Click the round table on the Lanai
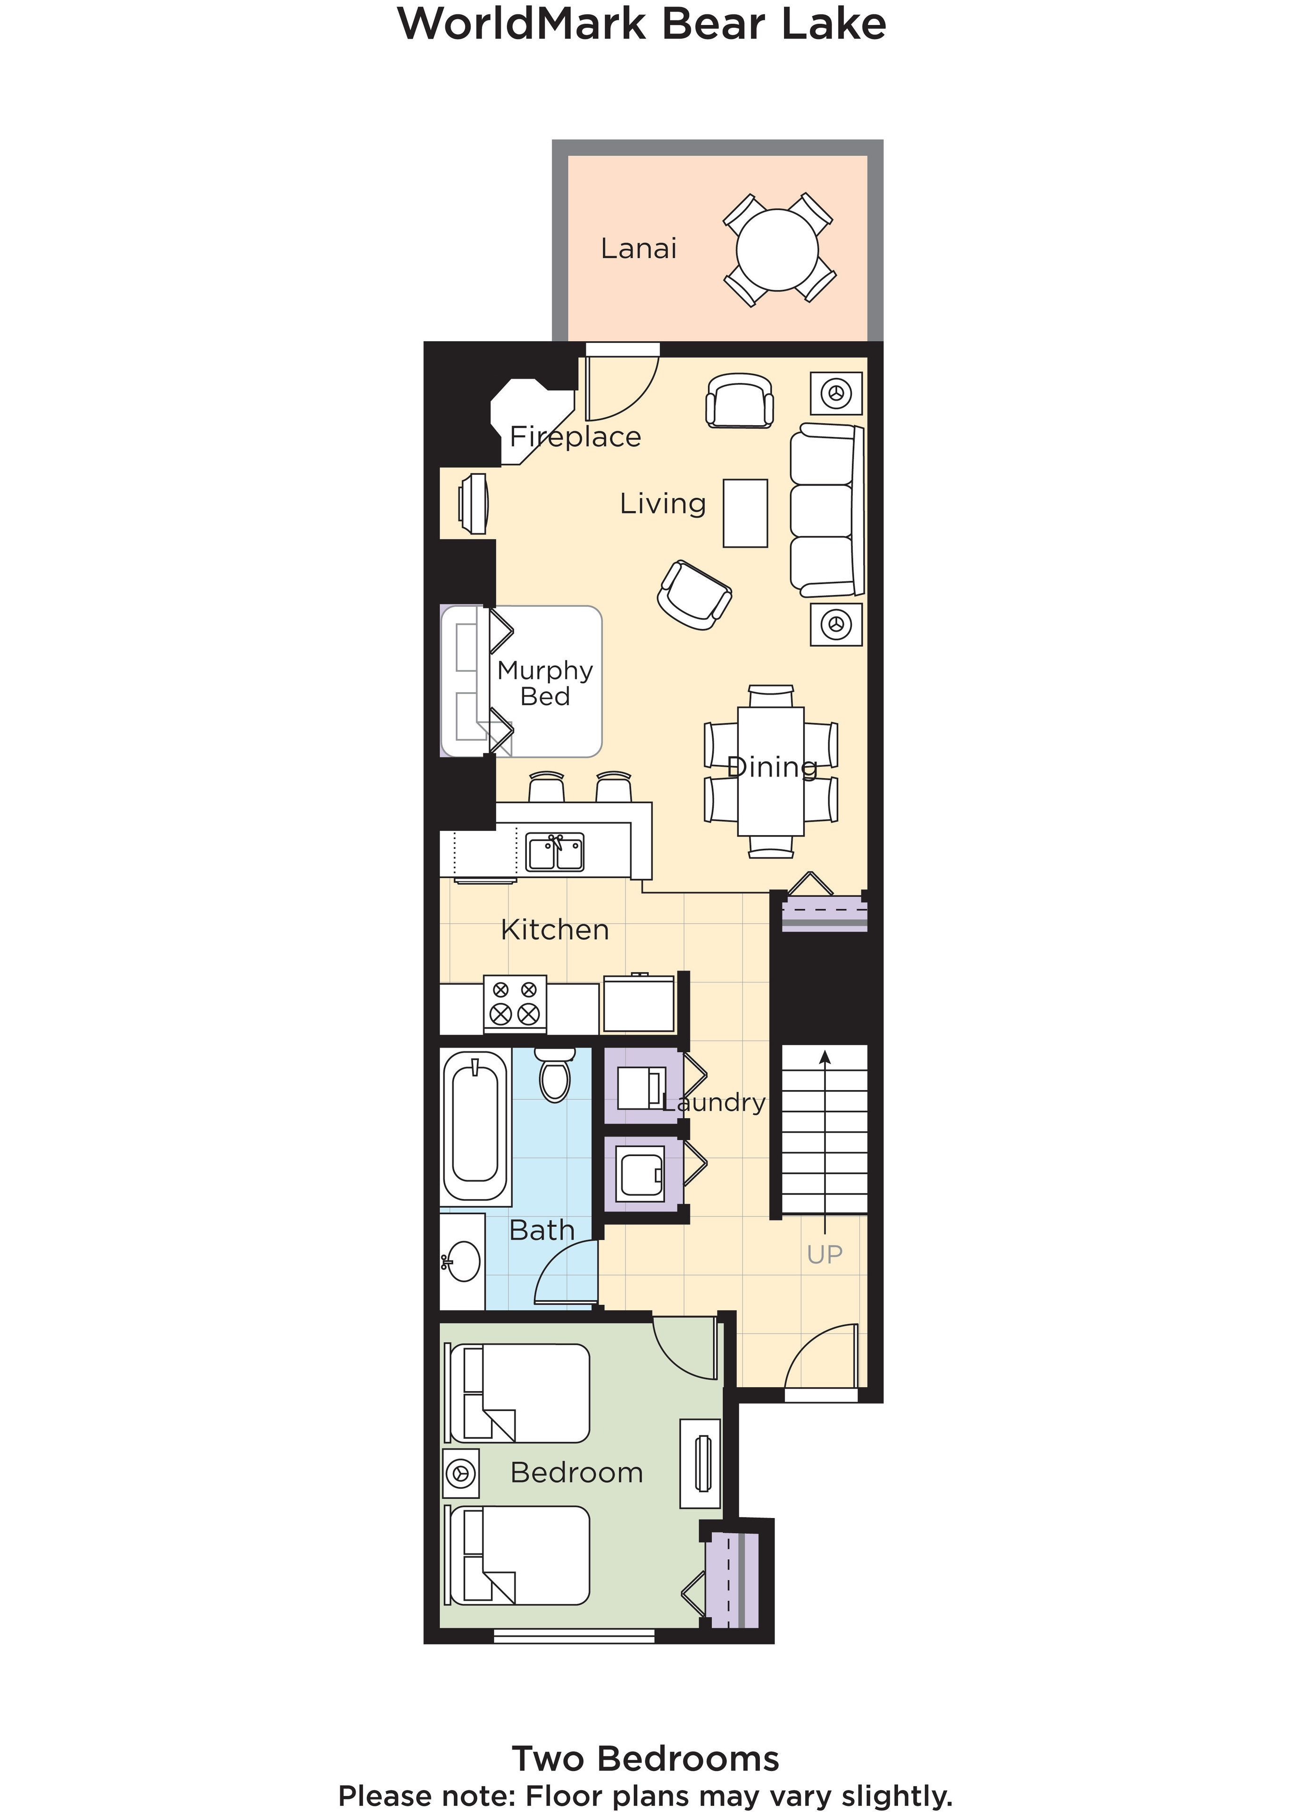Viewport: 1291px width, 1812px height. (777, 250)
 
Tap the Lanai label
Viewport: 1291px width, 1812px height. (638, 249)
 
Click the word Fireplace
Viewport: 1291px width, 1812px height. (575, 436)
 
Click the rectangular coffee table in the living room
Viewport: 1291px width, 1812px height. (745, 513)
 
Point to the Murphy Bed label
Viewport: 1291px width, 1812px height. (545, 683)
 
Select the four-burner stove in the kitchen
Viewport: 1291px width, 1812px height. (514, 1003)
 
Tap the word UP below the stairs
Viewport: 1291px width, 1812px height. (825, 1254)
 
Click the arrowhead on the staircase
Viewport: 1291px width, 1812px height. (825, 1057)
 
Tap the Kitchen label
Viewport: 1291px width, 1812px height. (555, 930)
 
